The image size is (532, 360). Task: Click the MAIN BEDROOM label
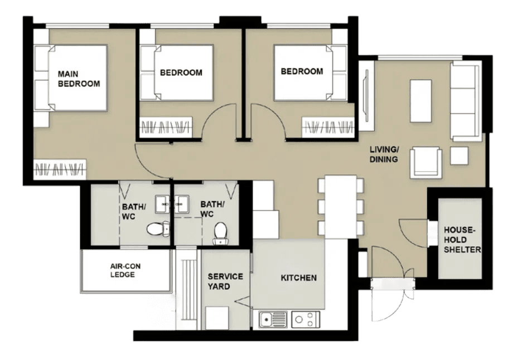click(x=79, y=79)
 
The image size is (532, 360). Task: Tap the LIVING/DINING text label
click(x=384, y=154)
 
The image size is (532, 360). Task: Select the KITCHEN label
click(x=298, y=278)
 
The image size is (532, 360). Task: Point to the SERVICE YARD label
click(x=225, y=281)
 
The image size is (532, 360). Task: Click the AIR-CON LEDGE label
click(x=125, y=270)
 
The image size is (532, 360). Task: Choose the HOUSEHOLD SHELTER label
click(x=462, y=240)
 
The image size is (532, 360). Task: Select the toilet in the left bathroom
click(x=158, y=228)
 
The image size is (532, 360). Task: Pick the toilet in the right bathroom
click(x=221, y=232)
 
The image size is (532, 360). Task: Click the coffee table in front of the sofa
click(x=420, y=101)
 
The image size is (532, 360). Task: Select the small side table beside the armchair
click(x=459, y=155)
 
